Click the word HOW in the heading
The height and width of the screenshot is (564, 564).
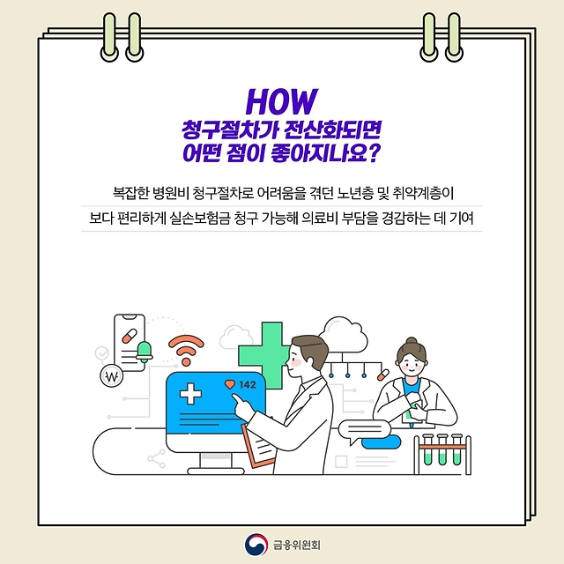(281, 97)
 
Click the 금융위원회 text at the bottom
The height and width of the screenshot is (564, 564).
(296, 544)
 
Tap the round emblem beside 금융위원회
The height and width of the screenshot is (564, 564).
(256, 544)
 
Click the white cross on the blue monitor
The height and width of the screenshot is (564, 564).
(191, 393)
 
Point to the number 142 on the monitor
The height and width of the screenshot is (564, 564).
(248, 384)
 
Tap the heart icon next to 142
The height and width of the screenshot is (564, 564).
(231, 384)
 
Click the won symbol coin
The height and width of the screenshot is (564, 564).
(111, 379)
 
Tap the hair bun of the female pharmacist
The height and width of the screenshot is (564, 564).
(411, 340)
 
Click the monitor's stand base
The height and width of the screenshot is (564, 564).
(212, 463)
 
